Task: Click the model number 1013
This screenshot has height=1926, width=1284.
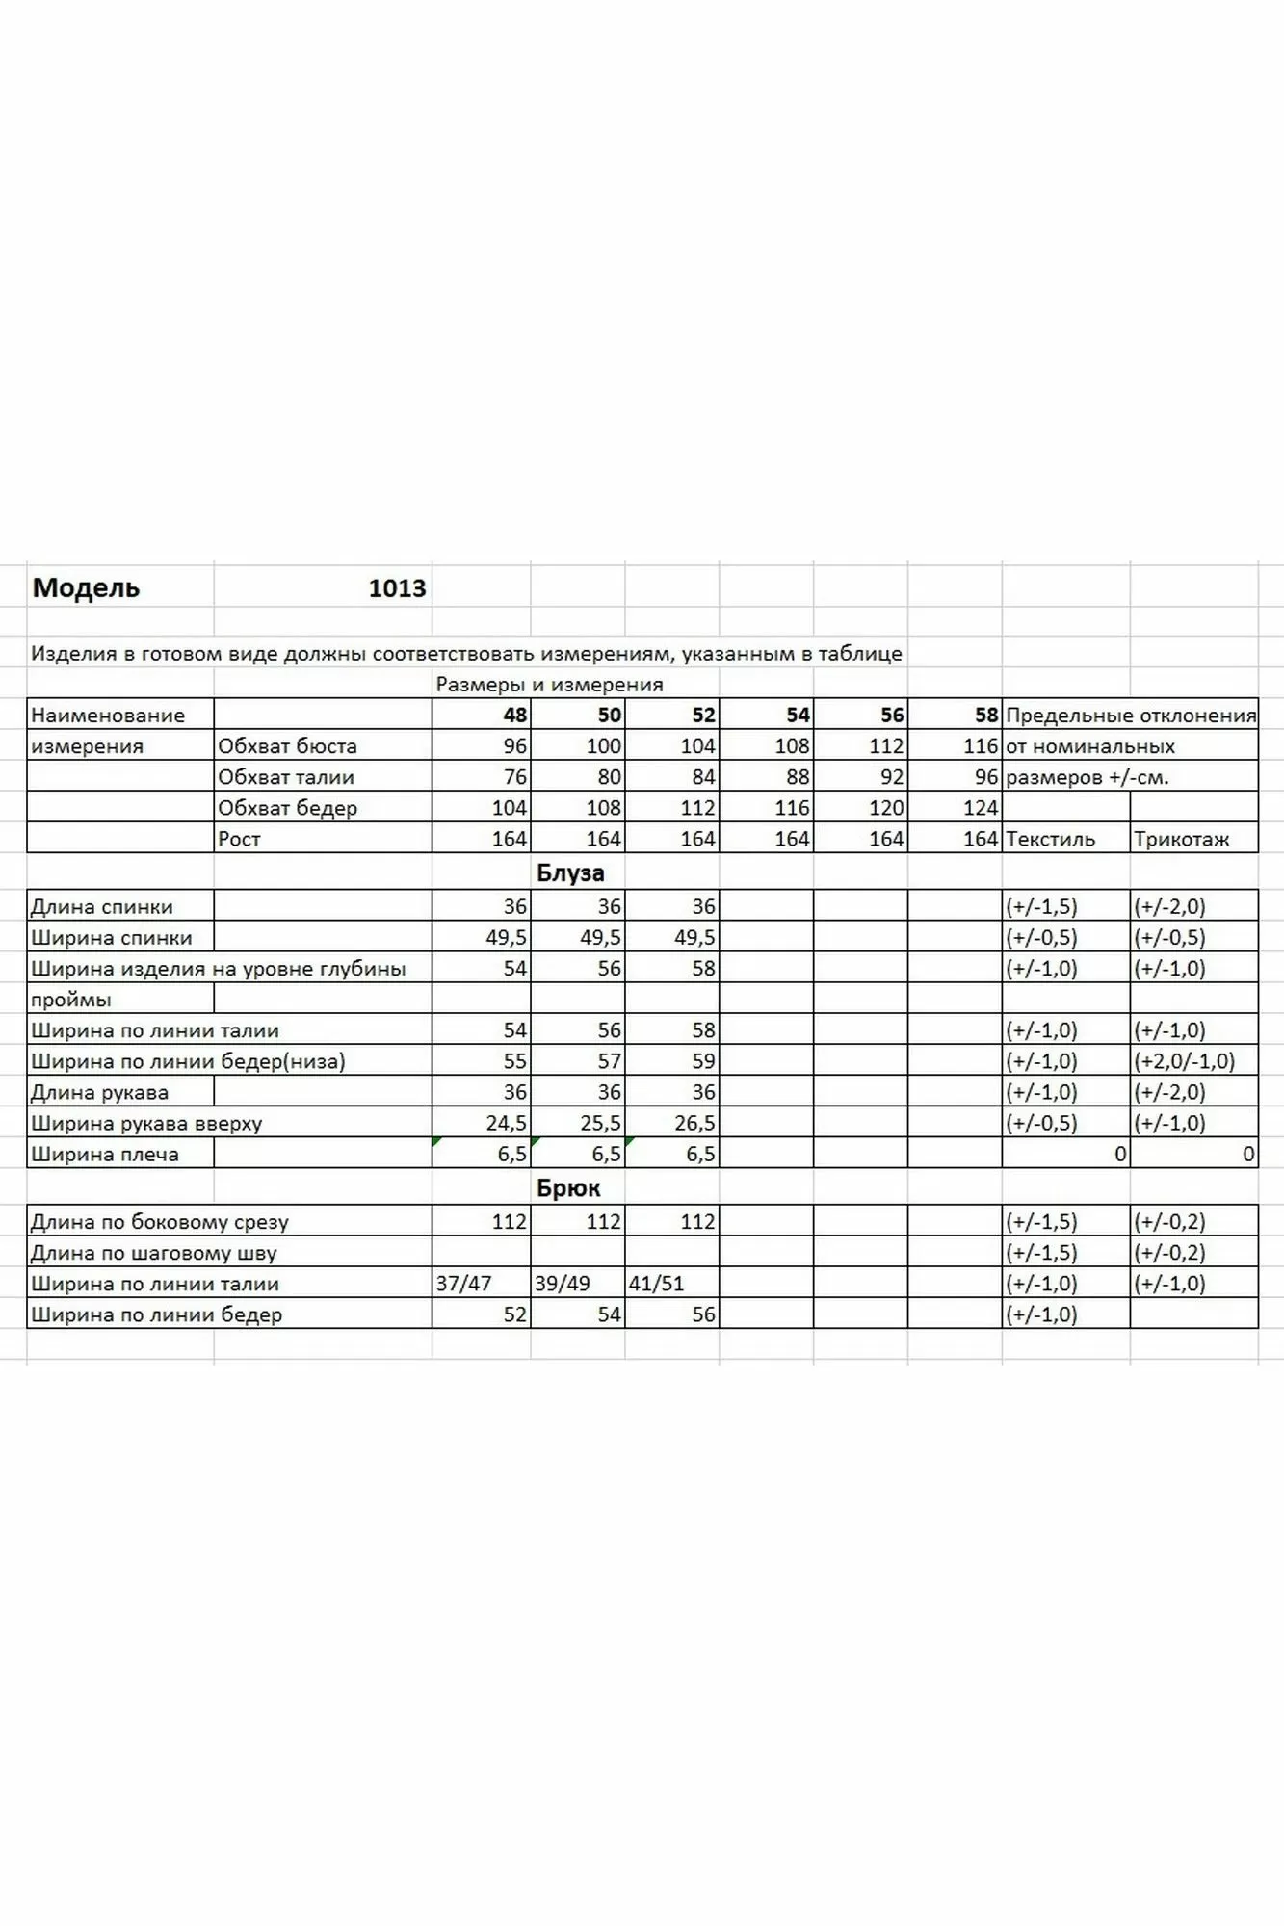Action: point(397,588)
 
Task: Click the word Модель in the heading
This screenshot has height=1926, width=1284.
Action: point(86,588)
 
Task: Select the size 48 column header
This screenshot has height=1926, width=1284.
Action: point(514,715)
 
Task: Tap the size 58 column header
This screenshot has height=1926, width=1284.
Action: point(985,715)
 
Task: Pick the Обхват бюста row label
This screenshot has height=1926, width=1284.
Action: point(287,746)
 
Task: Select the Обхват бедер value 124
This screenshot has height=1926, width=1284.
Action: point(981,808)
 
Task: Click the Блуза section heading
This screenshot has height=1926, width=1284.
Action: point(570,873)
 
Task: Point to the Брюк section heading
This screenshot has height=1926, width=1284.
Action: point(568,1188)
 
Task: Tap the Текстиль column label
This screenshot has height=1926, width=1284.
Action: point(1050,839)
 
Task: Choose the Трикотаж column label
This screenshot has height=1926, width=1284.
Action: point(1181,839)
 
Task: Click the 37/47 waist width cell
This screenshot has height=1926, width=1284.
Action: point(463,1284)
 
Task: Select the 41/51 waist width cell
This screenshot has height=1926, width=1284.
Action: point(656,1284)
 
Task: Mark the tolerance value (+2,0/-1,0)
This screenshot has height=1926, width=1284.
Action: point(1184,1061)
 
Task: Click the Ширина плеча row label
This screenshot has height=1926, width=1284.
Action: point(104,1154)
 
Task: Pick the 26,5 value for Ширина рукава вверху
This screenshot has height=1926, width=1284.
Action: point(694,1123)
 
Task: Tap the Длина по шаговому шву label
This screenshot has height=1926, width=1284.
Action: point(153,1253)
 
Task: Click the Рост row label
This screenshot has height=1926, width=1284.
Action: point(239,839)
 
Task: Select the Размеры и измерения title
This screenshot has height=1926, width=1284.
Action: point(549,685)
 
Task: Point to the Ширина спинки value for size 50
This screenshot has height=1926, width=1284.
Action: point(600,938)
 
